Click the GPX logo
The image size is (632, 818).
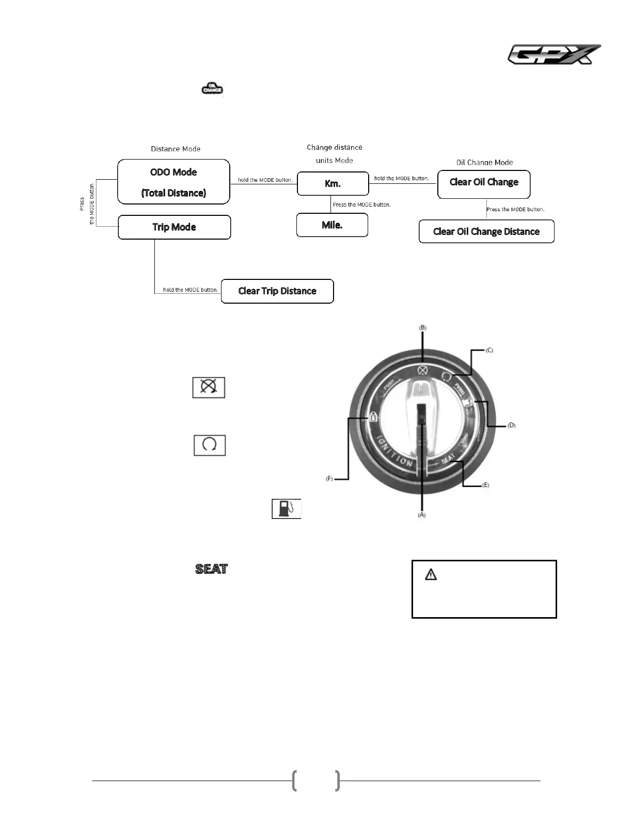(554, 54)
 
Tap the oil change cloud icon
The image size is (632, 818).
(212, 88)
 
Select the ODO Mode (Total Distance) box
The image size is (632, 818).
(173, 182)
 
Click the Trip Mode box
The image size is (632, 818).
(174, 227)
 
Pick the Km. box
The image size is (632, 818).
(333, 183)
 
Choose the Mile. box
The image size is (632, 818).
(332, 225)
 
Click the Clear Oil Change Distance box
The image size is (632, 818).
(486, 231)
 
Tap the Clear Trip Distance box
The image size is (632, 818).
(277, 291)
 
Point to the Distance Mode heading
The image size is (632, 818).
(176, 149)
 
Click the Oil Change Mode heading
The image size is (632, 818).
(484, 162)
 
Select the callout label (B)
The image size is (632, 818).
(422, 328)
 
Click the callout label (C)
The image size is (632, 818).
(489, 350)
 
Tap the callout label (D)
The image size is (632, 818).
(511, 425)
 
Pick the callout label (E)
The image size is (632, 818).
(485, 485)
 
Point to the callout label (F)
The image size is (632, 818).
(329, 479)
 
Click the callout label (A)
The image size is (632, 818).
(421, 515)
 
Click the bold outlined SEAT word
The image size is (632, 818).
(212, 569)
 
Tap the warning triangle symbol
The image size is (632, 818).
(431, 574)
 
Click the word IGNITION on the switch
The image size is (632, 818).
(394, 452)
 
